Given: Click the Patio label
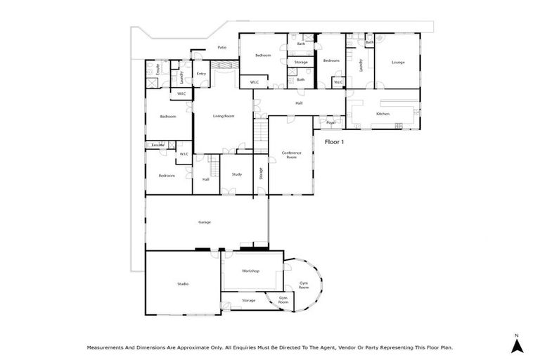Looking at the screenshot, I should tap(221, 48).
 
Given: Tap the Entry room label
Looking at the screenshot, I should tap(202, 74).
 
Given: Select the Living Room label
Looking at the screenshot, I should tap(224, 116).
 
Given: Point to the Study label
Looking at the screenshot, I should tap(237, 174).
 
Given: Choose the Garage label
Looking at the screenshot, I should tap(205, 222).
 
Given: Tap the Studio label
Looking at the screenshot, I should tap(183, 283).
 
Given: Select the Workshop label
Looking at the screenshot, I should tap(251, 271).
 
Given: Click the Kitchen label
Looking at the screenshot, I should tap(382, 113).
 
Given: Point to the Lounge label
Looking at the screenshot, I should tap(398, 62).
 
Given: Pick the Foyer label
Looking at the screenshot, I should tap(331, 122).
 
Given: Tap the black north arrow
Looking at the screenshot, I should tap(515, 345).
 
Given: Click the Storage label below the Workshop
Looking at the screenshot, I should tap(248, 300).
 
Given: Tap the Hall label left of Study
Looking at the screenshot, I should tap(206, 179).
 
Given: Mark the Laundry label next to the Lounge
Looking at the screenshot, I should tap(361, 65).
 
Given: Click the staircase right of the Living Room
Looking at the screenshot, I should tap(261, 131).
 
